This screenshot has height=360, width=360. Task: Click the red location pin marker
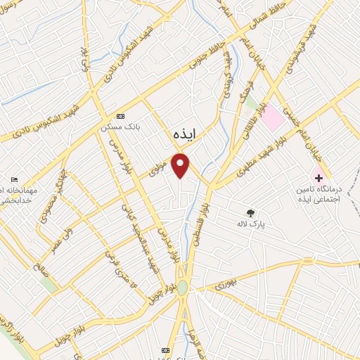181,165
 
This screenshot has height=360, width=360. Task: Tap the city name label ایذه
186,133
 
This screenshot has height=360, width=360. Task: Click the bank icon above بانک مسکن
120,116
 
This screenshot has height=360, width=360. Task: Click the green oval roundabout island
183,288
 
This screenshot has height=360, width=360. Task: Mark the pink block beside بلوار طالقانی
273,117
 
